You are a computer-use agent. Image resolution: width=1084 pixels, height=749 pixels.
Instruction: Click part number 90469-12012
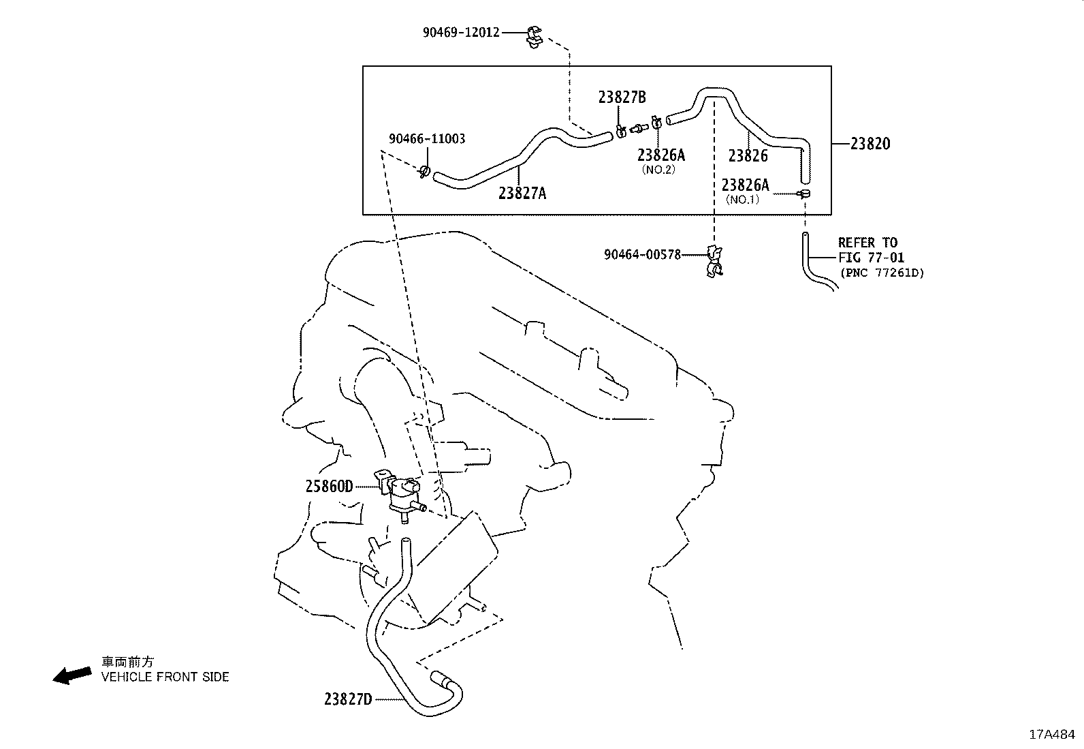tap(460, 32)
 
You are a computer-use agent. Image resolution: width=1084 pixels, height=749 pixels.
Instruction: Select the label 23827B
tap(622, 97)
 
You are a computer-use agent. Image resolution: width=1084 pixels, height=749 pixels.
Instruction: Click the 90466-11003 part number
tap(427, 139)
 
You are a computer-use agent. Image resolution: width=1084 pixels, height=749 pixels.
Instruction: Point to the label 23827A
tap(522, 194)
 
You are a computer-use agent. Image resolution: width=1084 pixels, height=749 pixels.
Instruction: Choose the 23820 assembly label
tap(870, 144)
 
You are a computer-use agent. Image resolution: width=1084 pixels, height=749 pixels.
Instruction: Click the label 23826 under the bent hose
tap(748, 156)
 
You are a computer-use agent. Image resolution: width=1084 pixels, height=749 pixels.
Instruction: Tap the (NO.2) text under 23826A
tap(658, 170)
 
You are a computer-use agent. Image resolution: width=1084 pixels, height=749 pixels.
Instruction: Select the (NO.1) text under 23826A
tap(742, 200)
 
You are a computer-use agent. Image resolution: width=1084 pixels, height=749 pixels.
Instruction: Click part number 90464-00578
tap(642, 255)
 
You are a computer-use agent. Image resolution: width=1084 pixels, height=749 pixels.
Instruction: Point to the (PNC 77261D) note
tap(882, 273)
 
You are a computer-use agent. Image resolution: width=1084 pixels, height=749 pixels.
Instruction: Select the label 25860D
tap(329, 486)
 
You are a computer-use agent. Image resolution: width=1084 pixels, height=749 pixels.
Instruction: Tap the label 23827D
tap(348, 699)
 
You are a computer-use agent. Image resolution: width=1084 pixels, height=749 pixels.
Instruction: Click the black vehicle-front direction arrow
tap(72, 675)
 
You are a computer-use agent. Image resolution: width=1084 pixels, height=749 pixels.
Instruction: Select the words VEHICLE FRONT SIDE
tap(165, 677)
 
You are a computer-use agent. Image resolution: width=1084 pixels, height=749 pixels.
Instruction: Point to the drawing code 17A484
tap(1051, 735)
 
